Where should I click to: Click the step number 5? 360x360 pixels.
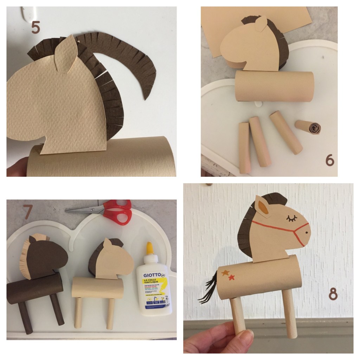click(x=36, y=27)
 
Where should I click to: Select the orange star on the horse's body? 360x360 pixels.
click(x=225, y=273)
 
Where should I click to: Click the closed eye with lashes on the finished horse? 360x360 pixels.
click(x=291, y=219)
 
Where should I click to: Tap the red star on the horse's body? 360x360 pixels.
click(x=232, y=278)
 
